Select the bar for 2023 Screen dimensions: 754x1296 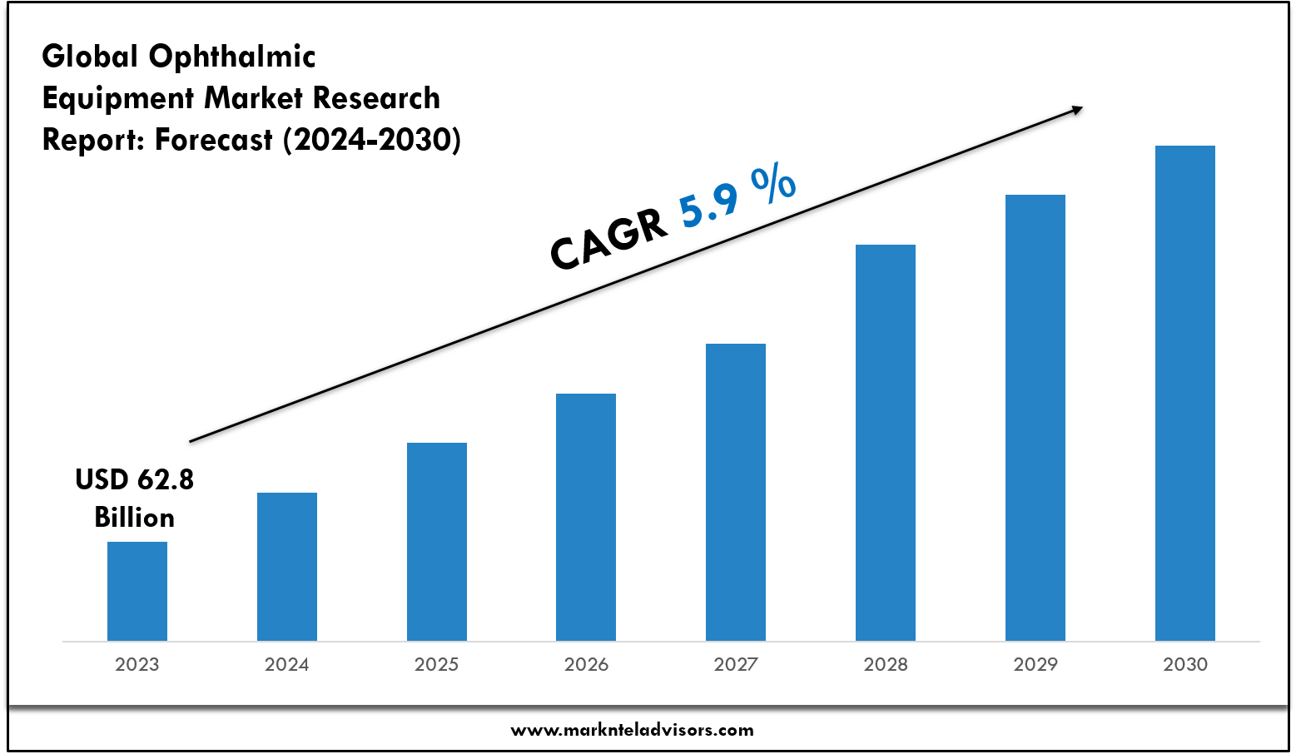click(x=137, y=591)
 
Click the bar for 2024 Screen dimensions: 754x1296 click(x=287, y=566)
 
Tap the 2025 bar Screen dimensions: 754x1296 click(x=437, y=541)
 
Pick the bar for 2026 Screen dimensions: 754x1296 click(x=586, y=516)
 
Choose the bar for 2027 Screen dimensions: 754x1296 click(x=736, y=491)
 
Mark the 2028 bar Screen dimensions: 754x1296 click(x=886, y=441)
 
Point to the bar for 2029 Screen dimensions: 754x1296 click(x=1035, y=416)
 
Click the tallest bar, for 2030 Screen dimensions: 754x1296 click(x=1185, y=391)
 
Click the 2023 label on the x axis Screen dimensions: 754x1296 click(x=137, y=664)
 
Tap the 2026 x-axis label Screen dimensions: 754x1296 click(x=586, y=664)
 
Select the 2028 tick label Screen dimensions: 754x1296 click(x=886, y=664)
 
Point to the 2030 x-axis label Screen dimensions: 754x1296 click(x=1185, y=664)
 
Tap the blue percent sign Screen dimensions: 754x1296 click(x=774, y=183)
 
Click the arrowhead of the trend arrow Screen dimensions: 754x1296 click(x=1077, y=109)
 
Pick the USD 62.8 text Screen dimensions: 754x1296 click(x=135, y=479)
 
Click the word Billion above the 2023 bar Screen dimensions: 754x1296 click(x=135, y=518)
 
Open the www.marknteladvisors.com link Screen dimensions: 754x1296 click(x=632, y=731)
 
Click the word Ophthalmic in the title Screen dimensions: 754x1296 click(x=232, y=57)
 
